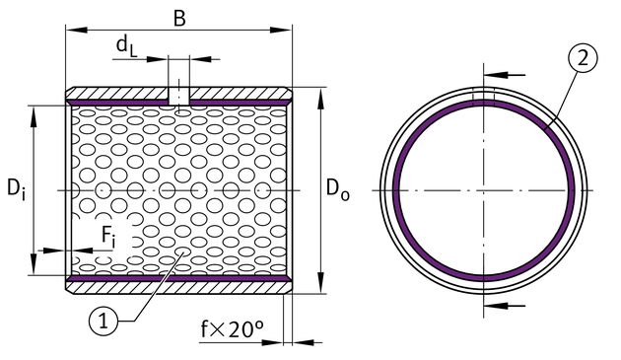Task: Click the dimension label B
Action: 179,18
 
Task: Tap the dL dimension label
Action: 127,45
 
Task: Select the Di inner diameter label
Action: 16,188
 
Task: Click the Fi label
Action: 108,237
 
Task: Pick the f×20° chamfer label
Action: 232,328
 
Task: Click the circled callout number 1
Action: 103,321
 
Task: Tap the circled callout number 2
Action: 583,58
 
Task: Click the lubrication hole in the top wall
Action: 179,97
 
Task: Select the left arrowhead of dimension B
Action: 76,30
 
